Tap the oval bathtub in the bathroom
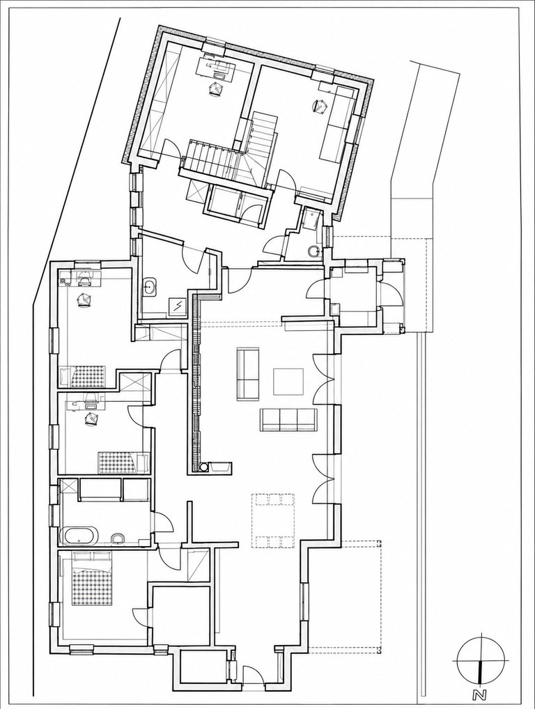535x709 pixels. tap(80, 536)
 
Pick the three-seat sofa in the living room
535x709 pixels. tap(288, 419)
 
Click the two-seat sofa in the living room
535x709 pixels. tap(248, 373)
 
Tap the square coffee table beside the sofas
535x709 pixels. tap(288, 381)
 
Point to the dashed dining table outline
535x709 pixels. tap(274, 520)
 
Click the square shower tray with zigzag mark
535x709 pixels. tap(178, 306)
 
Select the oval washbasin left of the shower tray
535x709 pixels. tap(149, 287)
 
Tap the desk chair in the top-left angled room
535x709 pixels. tap(216, 88)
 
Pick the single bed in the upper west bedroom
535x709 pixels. tap(82, 376)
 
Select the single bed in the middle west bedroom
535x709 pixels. tap(124, 462)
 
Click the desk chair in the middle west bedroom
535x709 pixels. tap(93, 419)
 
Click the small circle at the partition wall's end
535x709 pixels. tap(204, 466)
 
